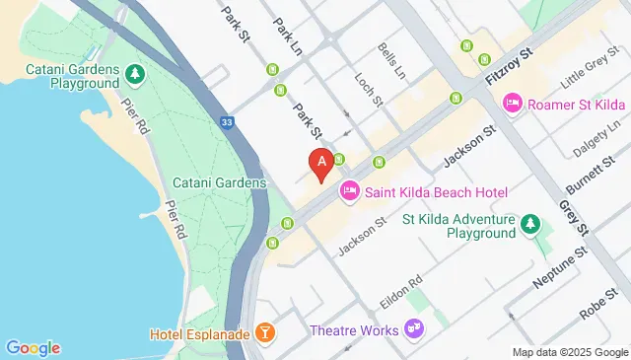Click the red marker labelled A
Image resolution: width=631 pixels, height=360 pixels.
coord(320,164)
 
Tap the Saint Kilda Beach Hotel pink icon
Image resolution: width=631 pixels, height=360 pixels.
coord(349,191)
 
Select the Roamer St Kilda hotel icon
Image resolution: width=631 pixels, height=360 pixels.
coord(513,102)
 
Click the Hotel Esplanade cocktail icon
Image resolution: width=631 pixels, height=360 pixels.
coord(264,333)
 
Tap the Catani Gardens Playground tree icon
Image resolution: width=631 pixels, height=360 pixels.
coord(133,74)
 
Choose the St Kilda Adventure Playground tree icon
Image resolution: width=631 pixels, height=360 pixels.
coord(530,225)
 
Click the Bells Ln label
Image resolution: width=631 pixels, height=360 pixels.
coord(391,59)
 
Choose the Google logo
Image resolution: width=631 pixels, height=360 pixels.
coord(33,347)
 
